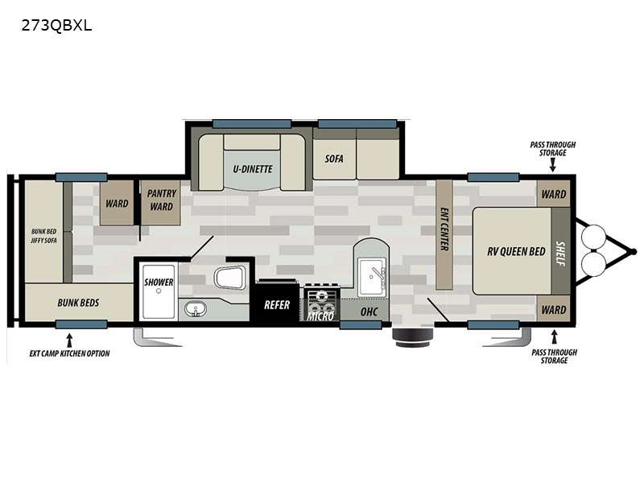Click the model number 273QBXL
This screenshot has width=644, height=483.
(56, 26)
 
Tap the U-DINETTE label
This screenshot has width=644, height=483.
(253, 169)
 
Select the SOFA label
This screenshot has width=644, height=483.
(334, 159)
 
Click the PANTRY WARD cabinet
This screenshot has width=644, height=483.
(160, 203)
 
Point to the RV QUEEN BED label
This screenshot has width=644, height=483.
(516, 251)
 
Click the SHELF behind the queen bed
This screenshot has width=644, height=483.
(560, 251)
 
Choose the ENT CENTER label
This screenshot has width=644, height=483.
(444, 229)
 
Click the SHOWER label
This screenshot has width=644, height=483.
(159, 283)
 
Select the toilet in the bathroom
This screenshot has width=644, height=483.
(230, 277)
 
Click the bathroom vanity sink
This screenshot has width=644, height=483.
(196, 309)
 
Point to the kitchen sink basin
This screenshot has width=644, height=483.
(372, 276)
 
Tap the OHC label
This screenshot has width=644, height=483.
(369, 312)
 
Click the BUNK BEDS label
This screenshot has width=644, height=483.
(78, 303)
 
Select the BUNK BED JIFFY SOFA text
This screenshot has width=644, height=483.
(44, 236)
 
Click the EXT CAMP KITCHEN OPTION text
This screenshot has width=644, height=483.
(69, 353)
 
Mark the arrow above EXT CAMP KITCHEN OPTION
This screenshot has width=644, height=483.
(69, 340)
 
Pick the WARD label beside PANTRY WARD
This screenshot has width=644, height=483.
(117, 204)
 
